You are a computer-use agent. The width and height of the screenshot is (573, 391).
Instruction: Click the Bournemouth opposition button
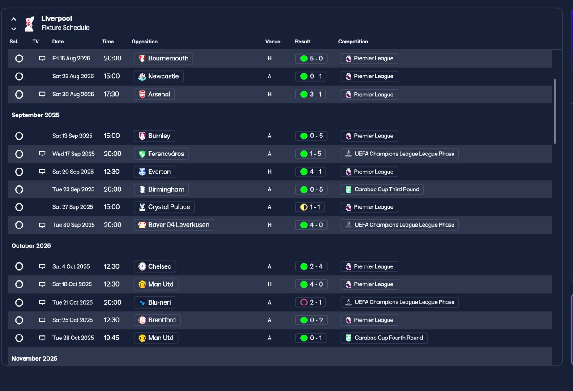163,58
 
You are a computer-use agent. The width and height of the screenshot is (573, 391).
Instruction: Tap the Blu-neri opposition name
159,302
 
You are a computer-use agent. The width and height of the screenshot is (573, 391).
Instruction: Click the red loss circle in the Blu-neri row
304,302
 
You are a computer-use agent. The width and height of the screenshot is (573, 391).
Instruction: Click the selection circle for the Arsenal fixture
19,95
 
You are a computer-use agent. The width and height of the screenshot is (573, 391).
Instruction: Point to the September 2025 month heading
35,115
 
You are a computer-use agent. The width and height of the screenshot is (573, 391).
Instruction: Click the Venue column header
273,42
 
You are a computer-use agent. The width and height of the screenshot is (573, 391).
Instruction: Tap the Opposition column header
145,42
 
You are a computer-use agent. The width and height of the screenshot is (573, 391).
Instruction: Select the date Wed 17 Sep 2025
73,154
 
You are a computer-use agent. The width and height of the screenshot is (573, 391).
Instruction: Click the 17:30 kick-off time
111,95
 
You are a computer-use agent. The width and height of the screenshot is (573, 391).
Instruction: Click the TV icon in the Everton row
43,172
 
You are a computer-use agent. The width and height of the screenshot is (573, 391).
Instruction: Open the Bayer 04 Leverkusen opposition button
174,225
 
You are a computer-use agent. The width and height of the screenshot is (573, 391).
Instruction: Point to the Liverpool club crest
29,24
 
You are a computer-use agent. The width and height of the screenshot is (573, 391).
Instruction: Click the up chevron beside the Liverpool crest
14,19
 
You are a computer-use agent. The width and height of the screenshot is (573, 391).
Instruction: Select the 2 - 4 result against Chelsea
311,266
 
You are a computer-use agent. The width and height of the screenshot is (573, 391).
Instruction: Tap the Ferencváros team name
166,154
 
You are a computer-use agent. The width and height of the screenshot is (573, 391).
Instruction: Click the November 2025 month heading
34,358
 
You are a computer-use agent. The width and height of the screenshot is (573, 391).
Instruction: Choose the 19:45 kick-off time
111,338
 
